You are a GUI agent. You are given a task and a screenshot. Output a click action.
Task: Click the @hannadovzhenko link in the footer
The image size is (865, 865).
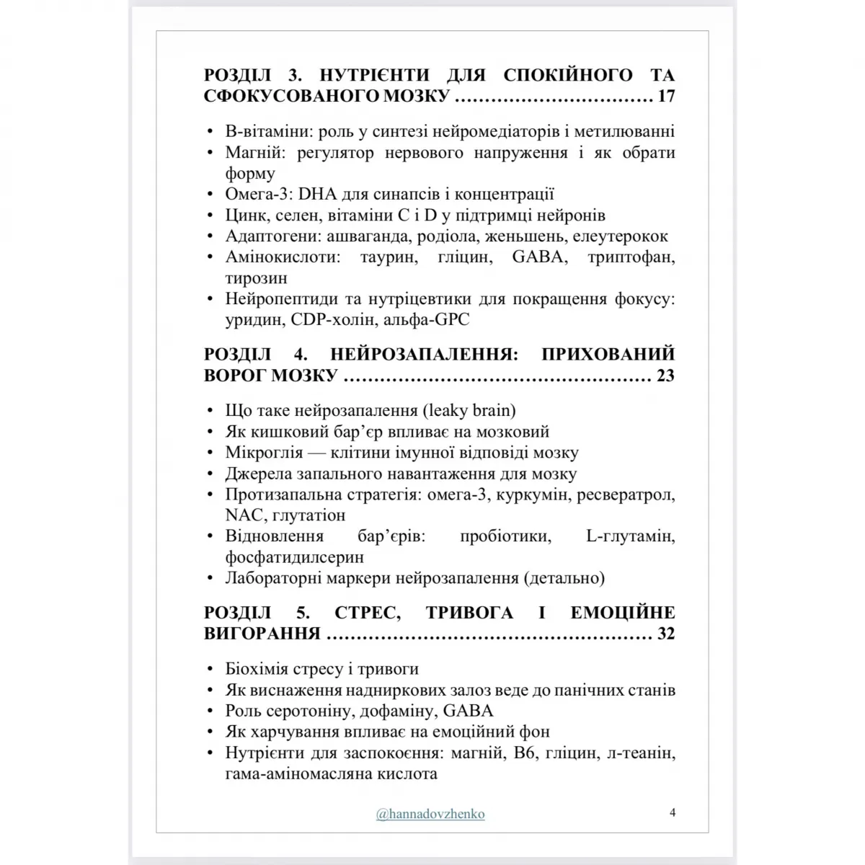point(430,814)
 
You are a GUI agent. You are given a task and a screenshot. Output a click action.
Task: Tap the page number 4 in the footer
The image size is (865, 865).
point(673,812)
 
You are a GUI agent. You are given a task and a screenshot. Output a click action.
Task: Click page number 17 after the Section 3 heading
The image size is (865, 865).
point(665,96)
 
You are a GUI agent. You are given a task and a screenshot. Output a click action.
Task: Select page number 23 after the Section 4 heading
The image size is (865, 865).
point(665,376)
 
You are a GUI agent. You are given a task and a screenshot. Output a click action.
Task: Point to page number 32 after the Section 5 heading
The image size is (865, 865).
point(665,634)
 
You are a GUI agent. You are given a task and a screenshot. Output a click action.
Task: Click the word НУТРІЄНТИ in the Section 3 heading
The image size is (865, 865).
point(374,75)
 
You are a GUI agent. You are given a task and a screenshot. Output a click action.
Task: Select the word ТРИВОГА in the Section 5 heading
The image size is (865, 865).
point(469,613)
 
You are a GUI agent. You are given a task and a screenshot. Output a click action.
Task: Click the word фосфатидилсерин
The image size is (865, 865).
point(294,557)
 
